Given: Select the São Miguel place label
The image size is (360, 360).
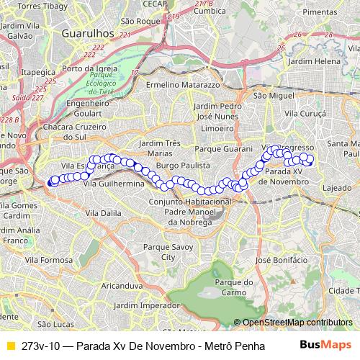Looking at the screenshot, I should (271, 95).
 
